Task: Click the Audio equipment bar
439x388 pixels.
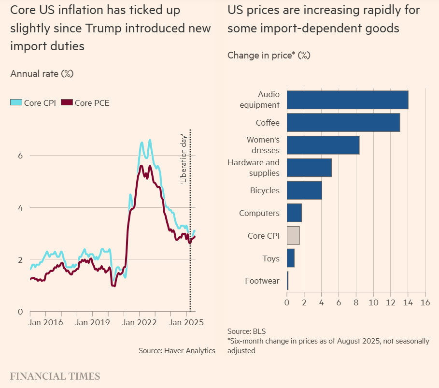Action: click(x=347, y=100)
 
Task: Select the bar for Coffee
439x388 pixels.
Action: click(x=343, y=122)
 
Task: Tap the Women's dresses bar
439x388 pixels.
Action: click(x=323, y=145)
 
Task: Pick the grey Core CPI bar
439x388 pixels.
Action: click(x=293, y=235)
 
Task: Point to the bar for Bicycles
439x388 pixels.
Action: click(x=304, y=190)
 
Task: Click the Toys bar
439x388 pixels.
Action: click(x=290, y=258)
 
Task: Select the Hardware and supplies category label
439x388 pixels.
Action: click(x=254, y=168)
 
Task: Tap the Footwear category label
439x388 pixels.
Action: click(x=262, y=281)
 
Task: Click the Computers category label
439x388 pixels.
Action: click(x=259, y=213)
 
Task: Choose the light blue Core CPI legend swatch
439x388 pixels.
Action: click(x=16, y=102)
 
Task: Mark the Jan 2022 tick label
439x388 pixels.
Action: click(x=139, y=322)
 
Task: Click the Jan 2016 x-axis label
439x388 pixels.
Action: click(x=46, y=322)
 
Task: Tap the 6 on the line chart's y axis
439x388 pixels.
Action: click(x=20, y=156)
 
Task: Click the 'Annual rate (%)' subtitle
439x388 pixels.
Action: click(x=42, y=73)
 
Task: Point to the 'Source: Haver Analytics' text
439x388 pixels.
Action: click(x=177, y=350)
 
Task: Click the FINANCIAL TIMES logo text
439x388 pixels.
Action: click(x=55, y=376)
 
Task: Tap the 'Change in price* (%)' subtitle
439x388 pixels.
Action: click(x=269, y=55)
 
